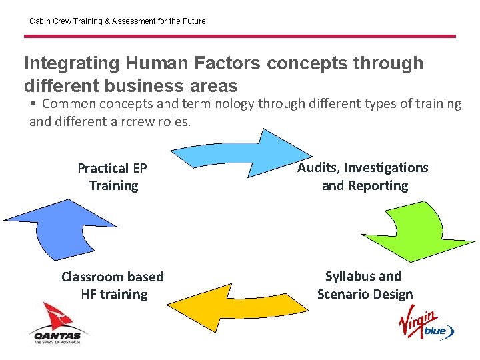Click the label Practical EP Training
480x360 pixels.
(x=113, y=177)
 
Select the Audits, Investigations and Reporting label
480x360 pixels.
(x=363, y=176)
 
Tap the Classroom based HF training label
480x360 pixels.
(x=113, y=285)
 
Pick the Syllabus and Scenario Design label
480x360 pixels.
(x=364, y=285)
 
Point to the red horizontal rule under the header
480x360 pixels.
(x=240, y=36)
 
